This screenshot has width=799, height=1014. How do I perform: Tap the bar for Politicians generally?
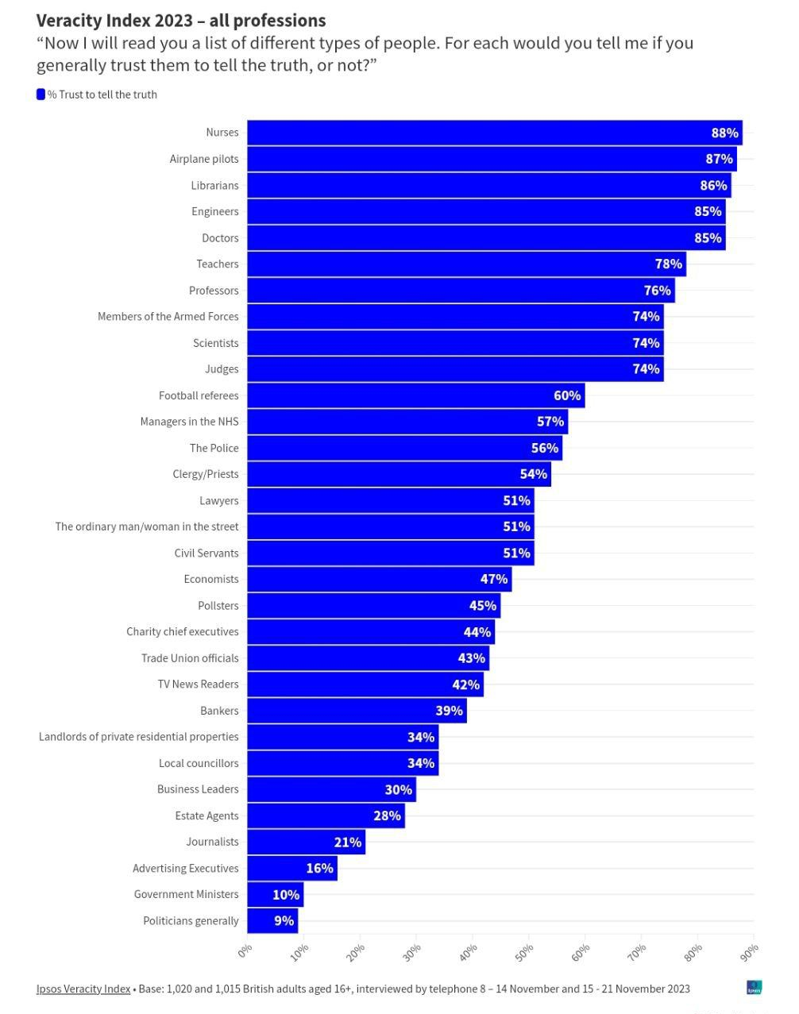(272, 921)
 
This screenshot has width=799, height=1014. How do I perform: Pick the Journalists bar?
(305, 842)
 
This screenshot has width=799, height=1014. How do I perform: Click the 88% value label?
(724, 133)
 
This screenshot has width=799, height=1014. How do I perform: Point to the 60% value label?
(567, 395)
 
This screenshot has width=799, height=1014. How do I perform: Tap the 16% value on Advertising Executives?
(319, 868)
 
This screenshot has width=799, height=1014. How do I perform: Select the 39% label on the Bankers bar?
(449, 711)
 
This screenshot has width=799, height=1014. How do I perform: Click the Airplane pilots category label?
(204, 159)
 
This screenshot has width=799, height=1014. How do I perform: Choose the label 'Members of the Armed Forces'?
(168, 316)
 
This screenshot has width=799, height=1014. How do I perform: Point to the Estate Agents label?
(207, 815)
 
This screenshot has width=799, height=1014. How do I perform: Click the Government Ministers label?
(186, 894)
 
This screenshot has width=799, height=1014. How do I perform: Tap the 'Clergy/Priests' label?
(205, 474)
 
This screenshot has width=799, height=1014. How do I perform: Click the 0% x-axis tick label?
(245, 950)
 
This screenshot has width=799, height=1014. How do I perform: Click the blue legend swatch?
(41, 94)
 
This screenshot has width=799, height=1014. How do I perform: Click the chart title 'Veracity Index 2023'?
(180, 21)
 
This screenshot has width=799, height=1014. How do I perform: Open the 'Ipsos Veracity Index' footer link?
(83, 989)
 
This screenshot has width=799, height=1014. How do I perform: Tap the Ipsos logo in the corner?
(754, 988)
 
